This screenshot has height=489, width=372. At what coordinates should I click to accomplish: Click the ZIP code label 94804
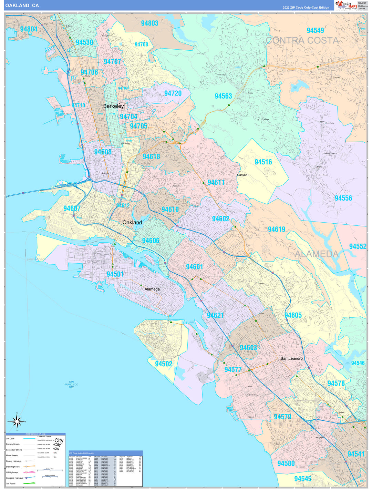[29, 29]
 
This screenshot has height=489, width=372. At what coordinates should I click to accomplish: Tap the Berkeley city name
[113, 106]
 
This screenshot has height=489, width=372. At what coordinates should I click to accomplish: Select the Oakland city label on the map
[132, 223]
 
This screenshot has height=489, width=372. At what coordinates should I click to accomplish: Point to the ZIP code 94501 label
[115, 274]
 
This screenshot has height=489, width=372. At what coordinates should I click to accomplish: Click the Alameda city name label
[152, 289]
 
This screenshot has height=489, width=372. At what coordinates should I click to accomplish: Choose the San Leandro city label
[291, 358]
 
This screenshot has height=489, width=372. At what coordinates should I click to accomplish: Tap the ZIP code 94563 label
[223, 96]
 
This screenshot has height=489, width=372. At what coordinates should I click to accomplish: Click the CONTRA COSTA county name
[302, 41]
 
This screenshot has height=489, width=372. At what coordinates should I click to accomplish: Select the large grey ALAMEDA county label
[316, 254]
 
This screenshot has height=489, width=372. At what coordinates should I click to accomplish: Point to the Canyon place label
[242, 175]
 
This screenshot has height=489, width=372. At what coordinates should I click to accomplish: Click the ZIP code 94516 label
[263, 162]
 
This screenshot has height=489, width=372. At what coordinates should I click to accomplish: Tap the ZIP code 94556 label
[343, 198]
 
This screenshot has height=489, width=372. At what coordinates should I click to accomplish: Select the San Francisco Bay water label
[71, 384]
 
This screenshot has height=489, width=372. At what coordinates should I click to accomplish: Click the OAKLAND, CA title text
[22, 6]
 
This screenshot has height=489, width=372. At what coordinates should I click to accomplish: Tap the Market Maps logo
[346, 5]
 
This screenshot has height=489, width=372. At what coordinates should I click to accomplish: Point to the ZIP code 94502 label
[163, 364]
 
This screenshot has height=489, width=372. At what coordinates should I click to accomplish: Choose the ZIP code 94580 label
[286, 463]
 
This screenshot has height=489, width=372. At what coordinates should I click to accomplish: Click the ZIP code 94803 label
[149, 23]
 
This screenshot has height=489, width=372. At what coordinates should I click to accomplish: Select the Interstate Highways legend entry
[14, 478]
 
